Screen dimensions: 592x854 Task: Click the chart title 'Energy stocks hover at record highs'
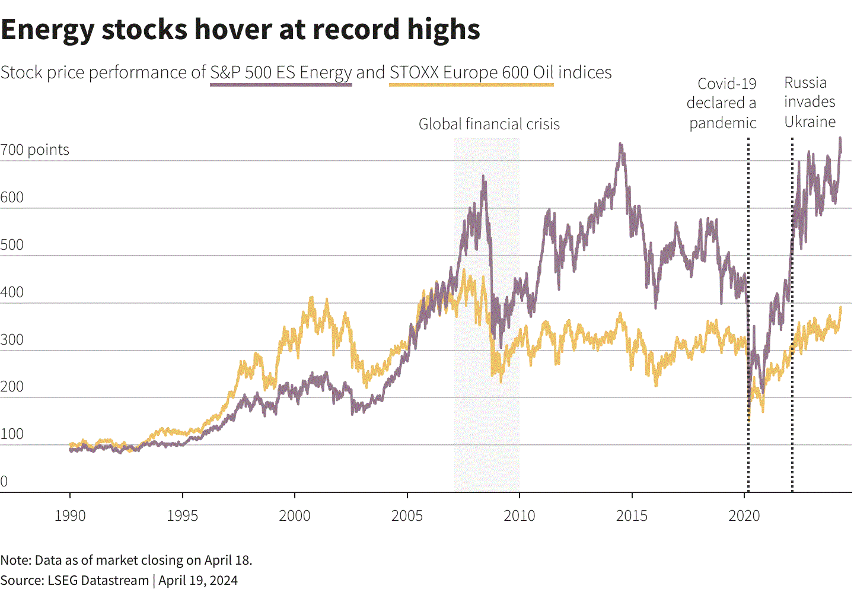pyautogui.click(x=240, y=30)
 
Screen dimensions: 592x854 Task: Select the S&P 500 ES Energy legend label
pyautogui.click(x=281, y=72)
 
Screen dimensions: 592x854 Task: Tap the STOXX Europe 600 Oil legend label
pyautogui.click(x=471, y=72)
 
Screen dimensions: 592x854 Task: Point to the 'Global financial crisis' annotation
pyautogui.click(x=489, y=124)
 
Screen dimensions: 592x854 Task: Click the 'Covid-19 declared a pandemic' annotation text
pyautogui.click(x=722, y=103)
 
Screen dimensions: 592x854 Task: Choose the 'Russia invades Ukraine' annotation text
pyautogui.click(x=810, y=102)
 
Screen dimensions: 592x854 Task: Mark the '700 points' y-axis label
pyautogui.click(x=35, y=149)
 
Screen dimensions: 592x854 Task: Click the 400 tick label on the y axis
pyautogui.click(x=12, y=292)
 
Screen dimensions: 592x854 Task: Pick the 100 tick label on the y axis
pyautogui.click(x=12, y=434)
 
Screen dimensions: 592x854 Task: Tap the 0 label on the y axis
pyautogui.click(x=4, y=481)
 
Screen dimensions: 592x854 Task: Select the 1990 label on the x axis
pyautogui.click(x=70, y=515)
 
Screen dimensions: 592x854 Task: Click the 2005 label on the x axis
pyautogui.click(x=407, y=515)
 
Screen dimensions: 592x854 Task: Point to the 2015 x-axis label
pyautogui.click(x=632, y=515)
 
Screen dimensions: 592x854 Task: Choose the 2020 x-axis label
pyautogui.click(x=744, y=515)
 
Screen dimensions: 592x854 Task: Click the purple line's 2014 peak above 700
pyautogui.click(x=620, y=144)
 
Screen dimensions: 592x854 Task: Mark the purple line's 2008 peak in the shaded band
pyautogui.click(x=483, y=176)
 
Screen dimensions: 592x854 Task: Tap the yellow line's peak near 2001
pyautogui.click(x=312, y=298)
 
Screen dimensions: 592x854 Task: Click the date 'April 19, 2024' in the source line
pyautogui.click(x=198, y=580)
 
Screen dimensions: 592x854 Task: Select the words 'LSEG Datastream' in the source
pyautogui.click(x=98, y=580)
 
